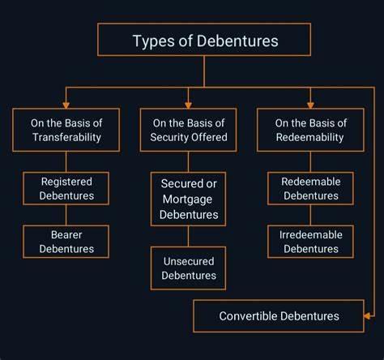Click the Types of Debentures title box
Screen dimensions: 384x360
(204, 40)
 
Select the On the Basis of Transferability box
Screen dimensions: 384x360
(66, 130)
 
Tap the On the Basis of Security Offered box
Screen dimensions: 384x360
(189, 130)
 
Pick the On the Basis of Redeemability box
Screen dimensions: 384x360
(310, 130)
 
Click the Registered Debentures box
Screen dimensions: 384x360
(66, 188)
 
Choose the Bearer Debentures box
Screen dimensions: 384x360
(66, 242)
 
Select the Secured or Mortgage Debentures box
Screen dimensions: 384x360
(189, 199)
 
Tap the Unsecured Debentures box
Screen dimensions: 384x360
(189, 268)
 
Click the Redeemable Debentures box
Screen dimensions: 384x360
(310, 188)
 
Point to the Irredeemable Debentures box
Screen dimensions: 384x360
(310, 242)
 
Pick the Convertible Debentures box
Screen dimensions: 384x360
(279, 315)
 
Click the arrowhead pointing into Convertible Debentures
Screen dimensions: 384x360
(367, 315)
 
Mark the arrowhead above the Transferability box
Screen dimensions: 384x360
(66, 105)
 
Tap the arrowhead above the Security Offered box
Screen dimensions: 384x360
(189, 105)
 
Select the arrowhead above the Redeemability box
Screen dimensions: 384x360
(310, 105)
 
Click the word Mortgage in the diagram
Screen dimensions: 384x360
(187, 199)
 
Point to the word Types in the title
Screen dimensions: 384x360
(153, 41)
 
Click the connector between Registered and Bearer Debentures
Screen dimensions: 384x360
(66, 215)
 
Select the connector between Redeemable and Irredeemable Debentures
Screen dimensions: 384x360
(310, 215)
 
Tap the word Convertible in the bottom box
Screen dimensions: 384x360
(249, 316)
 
